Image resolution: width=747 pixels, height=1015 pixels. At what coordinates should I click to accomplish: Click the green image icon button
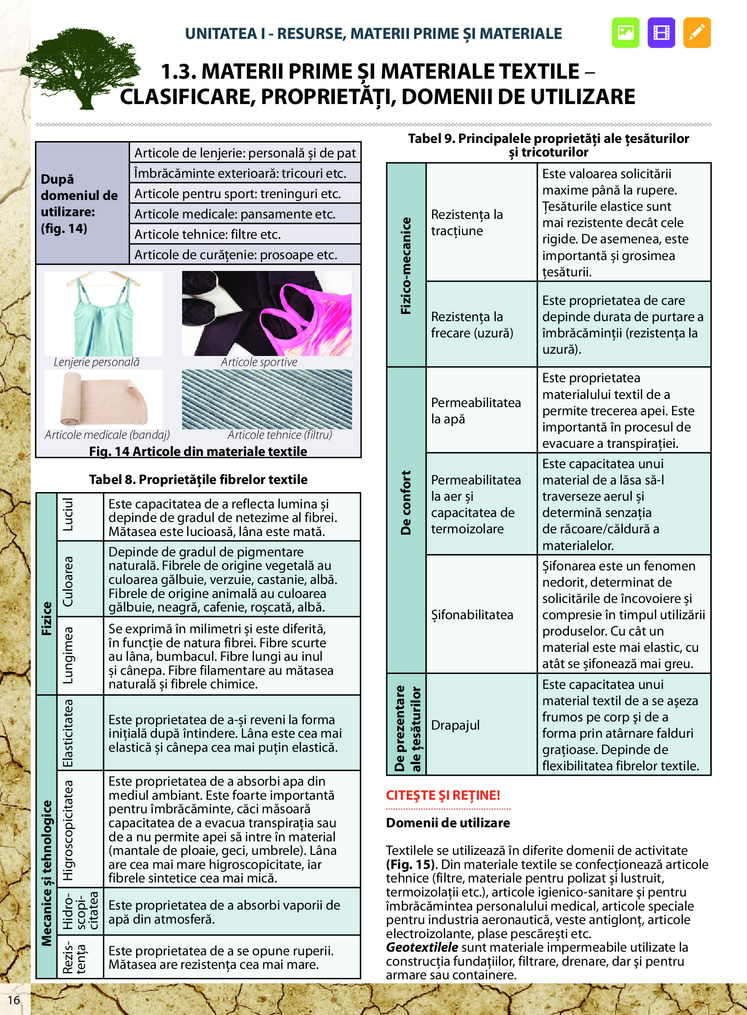click(625, 33)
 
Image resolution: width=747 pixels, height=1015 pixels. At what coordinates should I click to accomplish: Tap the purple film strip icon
click(661, 33)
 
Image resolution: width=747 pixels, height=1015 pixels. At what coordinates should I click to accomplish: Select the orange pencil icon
click(697, 33)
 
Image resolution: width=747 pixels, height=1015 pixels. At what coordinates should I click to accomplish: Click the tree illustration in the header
click(81, 68)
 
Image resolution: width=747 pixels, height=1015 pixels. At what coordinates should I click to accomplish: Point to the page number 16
click(14, 1000)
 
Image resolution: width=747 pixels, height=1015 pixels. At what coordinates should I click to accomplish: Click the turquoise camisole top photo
click(103, 313)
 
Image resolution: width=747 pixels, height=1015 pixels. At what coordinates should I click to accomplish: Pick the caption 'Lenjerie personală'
click(96, 362)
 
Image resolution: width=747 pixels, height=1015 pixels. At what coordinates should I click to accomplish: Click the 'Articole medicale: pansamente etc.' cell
click(235, 214)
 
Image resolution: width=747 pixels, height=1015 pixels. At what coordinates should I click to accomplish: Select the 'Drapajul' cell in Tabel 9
click(456, 725)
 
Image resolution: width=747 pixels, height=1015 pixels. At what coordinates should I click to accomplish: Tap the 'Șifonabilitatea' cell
click(472, 615)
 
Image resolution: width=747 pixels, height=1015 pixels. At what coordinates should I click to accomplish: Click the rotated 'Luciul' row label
click(68, 515)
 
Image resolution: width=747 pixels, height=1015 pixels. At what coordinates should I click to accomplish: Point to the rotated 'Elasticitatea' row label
click(68, 733)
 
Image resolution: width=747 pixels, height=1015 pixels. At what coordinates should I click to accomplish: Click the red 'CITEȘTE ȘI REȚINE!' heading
click(443, 795)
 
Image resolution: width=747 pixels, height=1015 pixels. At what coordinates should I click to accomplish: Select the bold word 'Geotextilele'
click(422, 947)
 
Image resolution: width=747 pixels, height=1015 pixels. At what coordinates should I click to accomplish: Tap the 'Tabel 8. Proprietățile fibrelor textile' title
click(198, 479)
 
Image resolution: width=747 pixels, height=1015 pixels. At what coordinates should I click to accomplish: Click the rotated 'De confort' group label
click(406, 502)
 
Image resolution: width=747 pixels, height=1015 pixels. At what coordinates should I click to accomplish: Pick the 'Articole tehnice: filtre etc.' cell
click(207, 234)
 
